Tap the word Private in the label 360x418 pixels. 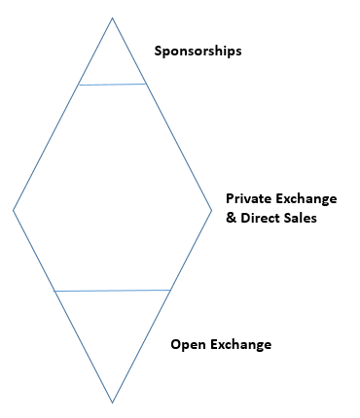[x=250, y=198]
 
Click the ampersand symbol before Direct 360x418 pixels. [x=231, y=218]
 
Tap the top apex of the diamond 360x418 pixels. [x=113, y=17]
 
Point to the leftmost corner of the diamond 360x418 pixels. [x=14, y=210]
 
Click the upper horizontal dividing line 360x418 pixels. [x=113, y=85]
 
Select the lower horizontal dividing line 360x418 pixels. [x=113, y=291]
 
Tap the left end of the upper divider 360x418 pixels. [x=79, y=86]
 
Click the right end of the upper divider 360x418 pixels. [x=148, y=84]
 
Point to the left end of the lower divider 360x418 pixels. [x=54, y=291]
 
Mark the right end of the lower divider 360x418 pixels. [x=170, y=290]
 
